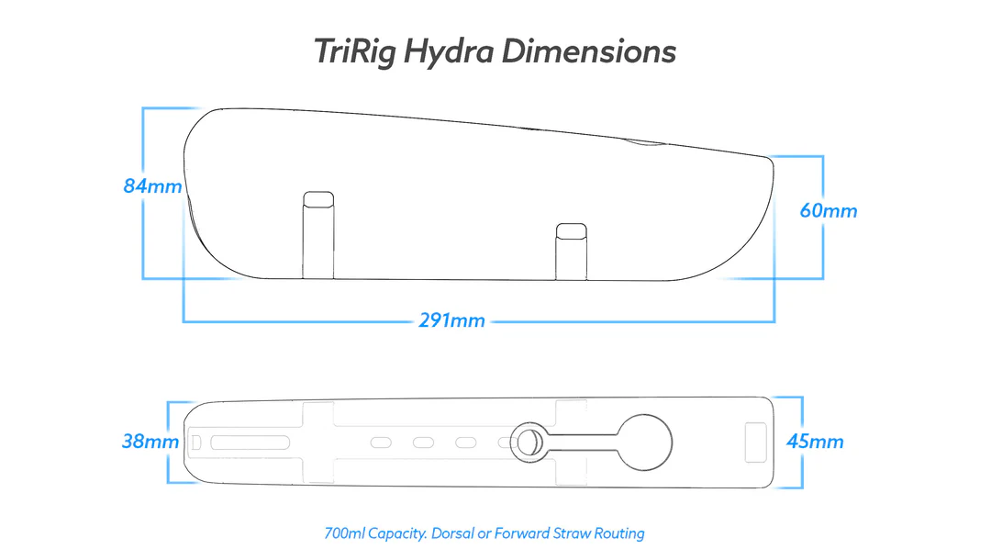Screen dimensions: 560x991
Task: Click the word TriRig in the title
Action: pos(355,51)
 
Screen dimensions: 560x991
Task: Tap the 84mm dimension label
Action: pos(152,186)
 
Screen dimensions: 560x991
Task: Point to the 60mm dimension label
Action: pos(828,211)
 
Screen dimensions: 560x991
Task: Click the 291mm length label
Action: pos(451,321)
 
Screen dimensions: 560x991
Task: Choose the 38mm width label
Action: pos(150,442)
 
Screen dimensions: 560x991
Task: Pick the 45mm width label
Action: pos(815,442)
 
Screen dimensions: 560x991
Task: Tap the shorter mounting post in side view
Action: pos(570,249)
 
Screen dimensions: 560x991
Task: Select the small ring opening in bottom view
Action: pos(528,442)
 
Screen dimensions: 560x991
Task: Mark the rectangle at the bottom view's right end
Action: pos(756,442)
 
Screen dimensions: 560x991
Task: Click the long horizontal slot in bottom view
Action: pos(248,442)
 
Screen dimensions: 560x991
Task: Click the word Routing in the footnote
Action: pos(619,533)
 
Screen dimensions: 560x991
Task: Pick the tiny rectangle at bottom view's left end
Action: pos(196,442)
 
